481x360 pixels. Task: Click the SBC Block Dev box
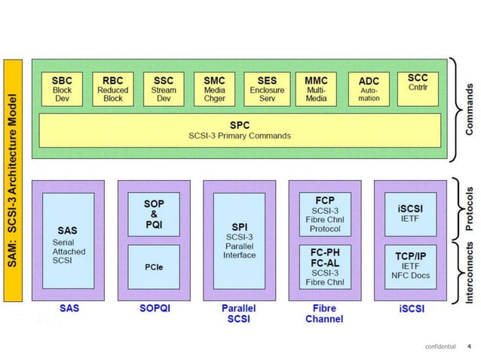[x=63, y=89]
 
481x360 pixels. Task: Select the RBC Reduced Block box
[x=113, y=89]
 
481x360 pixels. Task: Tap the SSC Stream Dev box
[x=164, y=89]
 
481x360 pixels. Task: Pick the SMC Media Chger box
[x=214, y=89]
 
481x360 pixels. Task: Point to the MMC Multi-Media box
[x=317, y=89]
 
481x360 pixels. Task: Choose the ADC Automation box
[x=369, y=89]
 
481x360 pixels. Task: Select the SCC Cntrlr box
[x=417, y=84]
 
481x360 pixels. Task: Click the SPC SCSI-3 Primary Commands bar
[x=239, y=129]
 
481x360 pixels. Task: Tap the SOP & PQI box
[x=154, y=214]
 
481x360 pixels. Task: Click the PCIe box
[x=154, y=266]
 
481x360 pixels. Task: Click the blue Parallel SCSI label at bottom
[x=238, y=313]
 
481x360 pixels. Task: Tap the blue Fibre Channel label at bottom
[x=324, y=313]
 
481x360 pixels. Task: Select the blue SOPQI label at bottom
[x=154, y=309]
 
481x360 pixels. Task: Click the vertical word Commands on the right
[x=469, y=110]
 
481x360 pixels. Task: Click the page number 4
[x=469, y=346]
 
